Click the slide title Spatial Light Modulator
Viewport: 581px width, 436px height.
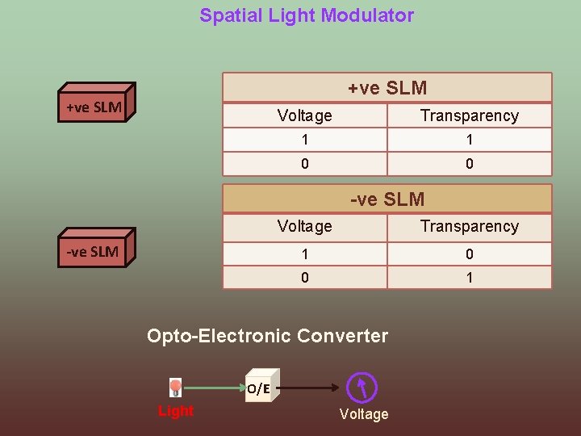pyautogui.click(x=307, y=15)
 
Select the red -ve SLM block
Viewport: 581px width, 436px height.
pyautogui.click(x=93, y=251)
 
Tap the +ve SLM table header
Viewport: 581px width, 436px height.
pyautogui.click(x=387, y=88)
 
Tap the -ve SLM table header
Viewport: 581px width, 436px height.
pyautogui.click(x=387, y=199)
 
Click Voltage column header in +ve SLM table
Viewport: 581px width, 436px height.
pyautogui.click(x=304, y=115)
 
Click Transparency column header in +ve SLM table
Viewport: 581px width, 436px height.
pyautogui.click(x=469, y=115)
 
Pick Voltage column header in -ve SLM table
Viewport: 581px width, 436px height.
pyautogui.click(x=304, y=226)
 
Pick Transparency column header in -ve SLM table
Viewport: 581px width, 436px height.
pyautogui.click(x=469, y=226)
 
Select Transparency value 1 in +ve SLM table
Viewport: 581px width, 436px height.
pyautogui.click(x=469, y=140)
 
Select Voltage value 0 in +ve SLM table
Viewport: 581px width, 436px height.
pyautogui.click(x=304, y=164)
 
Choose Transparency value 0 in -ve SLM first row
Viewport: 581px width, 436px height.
pyautogui.click(x=469, y=254)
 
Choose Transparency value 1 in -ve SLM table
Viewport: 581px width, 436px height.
pyautogui.click(x=469, y=278)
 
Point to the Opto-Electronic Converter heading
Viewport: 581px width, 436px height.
pyautogui.click(x=267, y=336)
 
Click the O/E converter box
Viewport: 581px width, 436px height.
pyautogui.click(x=260, y=387)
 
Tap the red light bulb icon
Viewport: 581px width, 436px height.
pyautogui.click(x=175, y=388)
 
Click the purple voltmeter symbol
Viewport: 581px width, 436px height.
pyautogui.click(x=362, y=388)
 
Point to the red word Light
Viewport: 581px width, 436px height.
pyautogui.click(x=175, y=411)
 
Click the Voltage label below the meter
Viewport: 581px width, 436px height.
pyautogui.click(x=364, y=414)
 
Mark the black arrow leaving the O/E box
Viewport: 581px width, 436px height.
pyautogui.click(x=311, y=388)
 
